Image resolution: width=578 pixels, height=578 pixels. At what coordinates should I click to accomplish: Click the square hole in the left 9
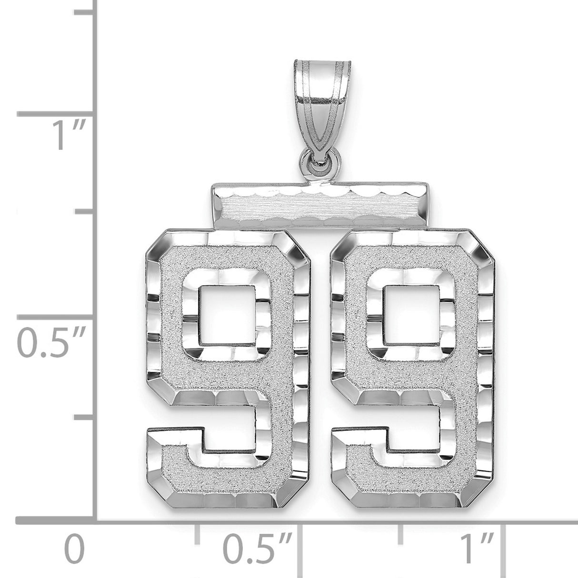(x=225, y=315)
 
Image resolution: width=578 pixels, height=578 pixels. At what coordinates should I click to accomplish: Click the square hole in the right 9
(x=409, y=315)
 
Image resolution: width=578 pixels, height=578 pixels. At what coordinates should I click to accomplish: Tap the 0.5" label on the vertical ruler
(x=51, y=344)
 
